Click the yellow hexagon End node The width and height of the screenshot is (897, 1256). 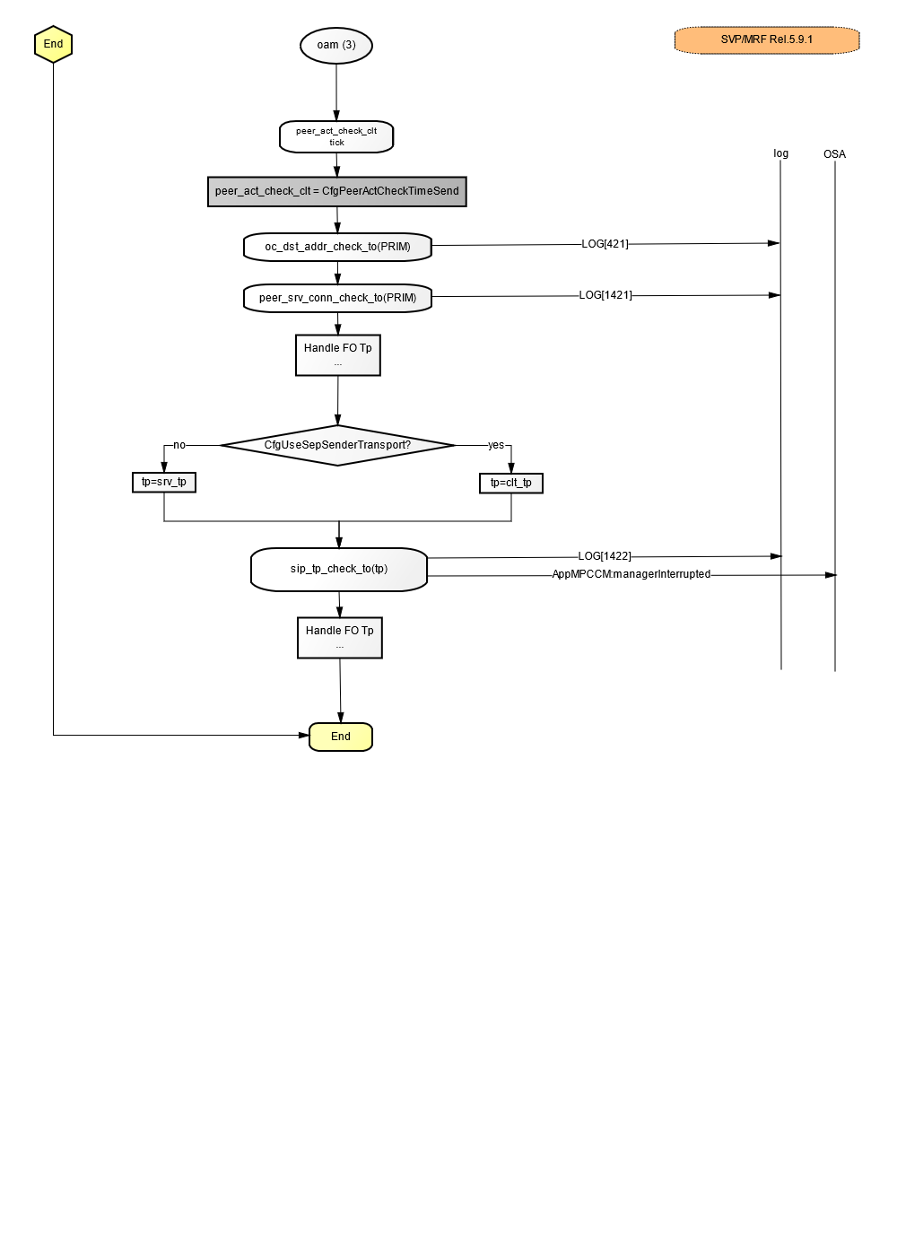point(53,44)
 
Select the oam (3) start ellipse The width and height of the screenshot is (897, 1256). point(336,46)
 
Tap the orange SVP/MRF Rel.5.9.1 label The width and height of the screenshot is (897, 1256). point(766,39)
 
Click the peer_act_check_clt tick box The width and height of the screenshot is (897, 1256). point(336,136)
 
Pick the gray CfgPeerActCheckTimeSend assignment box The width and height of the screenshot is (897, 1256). point(337,192)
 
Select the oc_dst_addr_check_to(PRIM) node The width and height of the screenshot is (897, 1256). point(337,247)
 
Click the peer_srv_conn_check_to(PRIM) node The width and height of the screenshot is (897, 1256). point(337,298)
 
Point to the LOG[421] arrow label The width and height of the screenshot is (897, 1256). point(605,244)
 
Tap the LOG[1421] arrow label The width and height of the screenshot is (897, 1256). point(605,295)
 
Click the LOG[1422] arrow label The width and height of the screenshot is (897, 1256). point(605,556)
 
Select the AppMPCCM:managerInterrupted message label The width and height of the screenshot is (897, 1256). point(631,574)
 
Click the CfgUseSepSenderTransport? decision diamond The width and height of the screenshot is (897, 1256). point(337,445)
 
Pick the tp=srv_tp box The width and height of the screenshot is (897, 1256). point(164,483)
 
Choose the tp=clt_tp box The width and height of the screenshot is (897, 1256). point(511,484)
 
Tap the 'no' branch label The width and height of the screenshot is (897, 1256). point(179,445)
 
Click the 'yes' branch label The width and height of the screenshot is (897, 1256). point(496,445)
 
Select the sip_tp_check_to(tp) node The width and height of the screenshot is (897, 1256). point(339,569)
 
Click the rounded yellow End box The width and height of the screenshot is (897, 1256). point(341,737)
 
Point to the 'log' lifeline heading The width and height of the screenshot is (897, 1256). point(781,153)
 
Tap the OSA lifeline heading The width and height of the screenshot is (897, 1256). point(835,154)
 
